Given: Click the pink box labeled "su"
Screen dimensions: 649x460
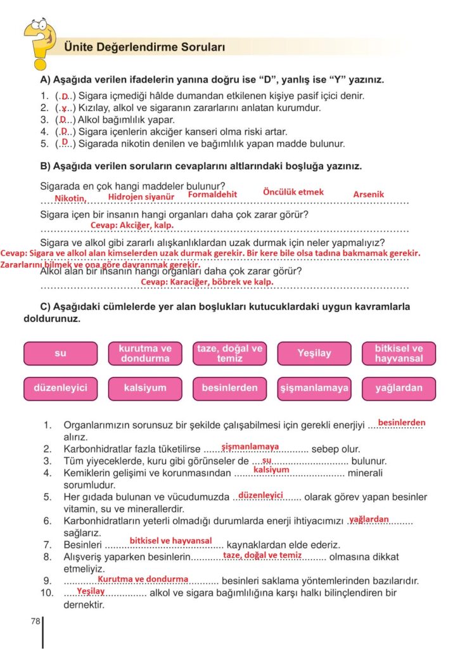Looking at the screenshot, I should pos(60,354).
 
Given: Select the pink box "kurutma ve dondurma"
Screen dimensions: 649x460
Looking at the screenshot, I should pos(145,354).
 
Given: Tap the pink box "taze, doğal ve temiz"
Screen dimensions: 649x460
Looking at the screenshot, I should pos(229,354).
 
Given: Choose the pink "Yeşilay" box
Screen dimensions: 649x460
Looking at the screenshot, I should pos(314,354).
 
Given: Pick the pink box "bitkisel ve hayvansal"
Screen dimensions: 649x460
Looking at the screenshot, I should pos(399,354).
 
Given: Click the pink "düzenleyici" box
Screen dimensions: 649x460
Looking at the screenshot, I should pos(60,388).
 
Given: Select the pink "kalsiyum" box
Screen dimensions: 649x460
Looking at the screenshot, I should pos(145,388).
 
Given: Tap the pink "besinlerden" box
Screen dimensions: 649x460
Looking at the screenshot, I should pos(229,388).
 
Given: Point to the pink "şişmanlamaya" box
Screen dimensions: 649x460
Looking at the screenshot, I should pos(314,388).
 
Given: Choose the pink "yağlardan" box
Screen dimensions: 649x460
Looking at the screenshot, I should pos(399,388).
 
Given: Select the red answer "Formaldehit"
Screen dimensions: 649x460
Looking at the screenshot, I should pos(212,195).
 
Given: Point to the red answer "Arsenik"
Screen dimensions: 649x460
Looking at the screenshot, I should pos(369,195).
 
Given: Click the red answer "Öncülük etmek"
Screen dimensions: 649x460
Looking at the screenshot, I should pos(293,192).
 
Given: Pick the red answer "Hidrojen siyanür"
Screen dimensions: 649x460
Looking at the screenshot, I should pos(141,197).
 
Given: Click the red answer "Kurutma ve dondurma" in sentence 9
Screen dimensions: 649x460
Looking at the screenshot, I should pos(143,579).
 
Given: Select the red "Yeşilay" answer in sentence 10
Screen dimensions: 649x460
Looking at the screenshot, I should pos(91,591).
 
